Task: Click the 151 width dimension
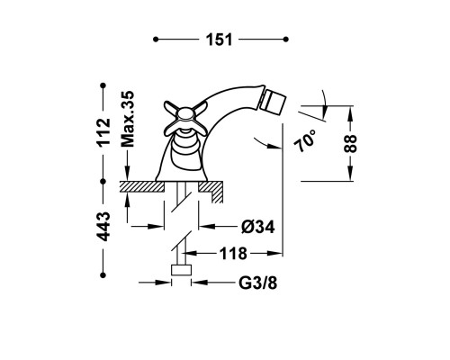(219, 40)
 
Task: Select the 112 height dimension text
(103, 132)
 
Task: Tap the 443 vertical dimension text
(103, 227)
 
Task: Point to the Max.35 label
(128, 119)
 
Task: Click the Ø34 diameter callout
(257, 227)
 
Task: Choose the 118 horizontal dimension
(233, 254)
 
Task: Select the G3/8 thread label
(257, 283)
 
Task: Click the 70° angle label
(305, 141)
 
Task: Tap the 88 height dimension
(350, 143)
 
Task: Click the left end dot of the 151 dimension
(156, 40)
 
